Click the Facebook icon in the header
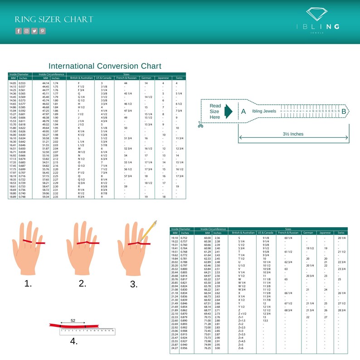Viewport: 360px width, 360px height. click(19, 31)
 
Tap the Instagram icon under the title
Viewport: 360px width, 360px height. click(27, 31)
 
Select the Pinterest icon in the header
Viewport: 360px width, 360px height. click(42, 31)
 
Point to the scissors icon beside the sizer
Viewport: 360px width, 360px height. click(200, 124)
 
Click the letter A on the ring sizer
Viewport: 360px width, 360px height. click(243, 112)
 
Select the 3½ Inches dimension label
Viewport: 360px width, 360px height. click(293, 134)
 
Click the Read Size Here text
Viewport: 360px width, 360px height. click(215, 112)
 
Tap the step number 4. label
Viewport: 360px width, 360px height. click(73, 341)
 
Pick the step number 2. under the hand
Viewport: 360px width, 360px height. click(82, 283)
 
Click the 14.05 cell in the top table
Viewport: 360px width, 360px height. click(13, 83)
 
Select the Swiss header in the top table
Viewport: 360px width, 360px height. click(179, 78)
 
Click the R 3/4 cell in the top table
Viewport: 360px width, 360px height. click(81, 197)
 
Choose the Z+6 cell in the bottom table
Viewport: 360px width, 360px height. click(241, 348)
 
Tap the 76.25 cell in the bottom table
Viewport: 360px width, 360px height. click(208, 348)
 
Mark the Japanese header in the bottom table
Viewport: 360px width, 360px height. click(325, 233)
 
